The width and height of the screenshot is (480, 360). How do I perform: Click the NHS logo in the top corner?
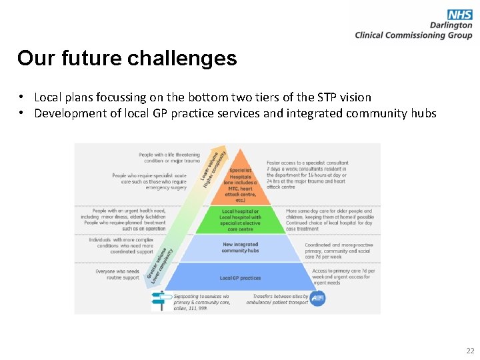(x=460, y=14)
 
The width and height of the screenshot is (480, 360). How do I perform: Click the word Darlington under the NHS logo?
(x=451, y=25)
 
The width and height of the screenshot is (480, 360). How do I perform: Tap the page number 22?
(x=470, y=351)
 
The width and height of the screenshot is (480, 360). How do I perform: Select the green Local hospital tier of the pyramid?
(x=241, y=219)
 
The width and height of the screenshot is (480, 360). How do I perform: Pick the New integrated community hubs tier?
(x=241, y=247)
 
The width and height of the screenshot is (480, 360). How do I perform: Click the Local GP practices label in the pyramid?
(x=241, y=278)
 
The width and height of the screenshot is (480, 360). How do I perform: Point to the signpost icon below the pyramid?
(x=159, y=301)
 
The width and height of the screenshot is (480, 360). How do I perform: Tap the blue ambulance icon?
(x=317, y=299)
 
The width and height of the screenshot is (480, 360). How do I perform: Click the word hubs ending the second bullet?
(x=422, y=113)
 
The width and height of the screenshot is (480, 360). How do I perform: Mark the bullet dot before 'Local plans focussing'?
(x=22, y=97)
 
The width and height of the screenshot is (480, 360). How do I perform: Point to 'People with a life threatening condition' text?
(x=169, y=158)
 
